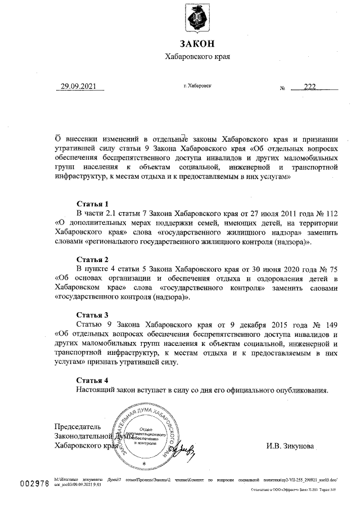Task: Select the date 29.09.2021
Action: click(79, 87)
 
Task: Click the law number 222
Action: click(310, 87)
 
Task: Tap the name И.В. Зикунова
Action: click(291, 446)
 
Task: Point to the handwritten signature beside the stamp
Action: click(182, 449)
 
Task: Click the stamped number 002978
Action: click(35, 485)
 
